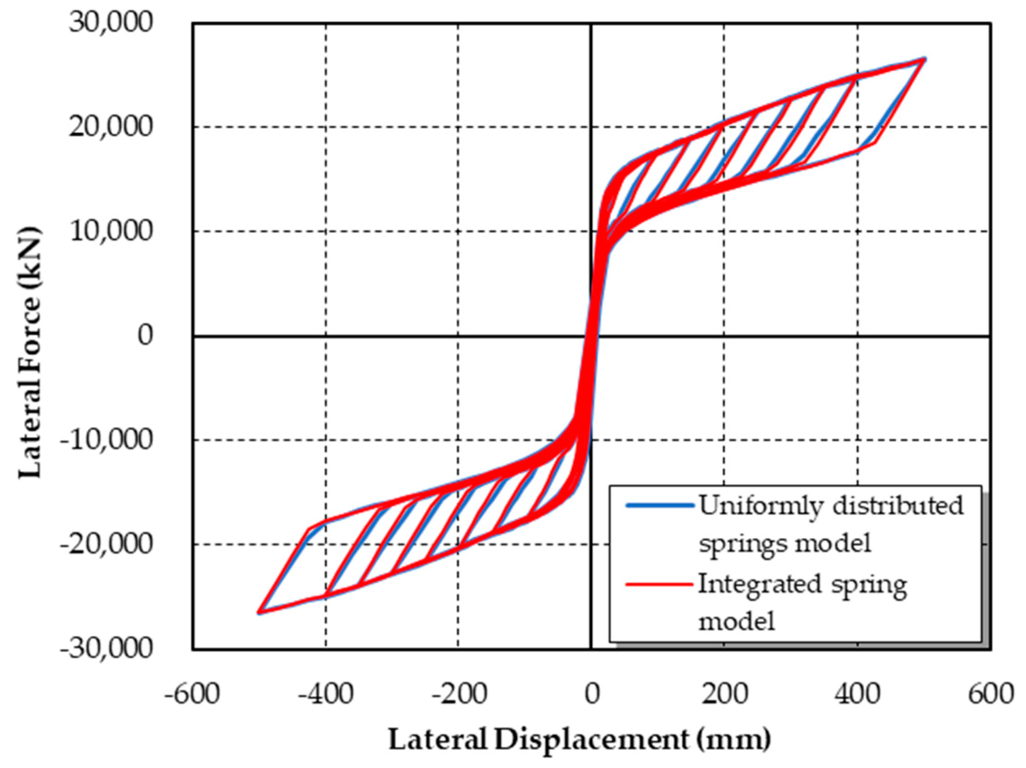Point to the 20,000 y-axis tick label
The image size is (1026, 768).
point(111,126)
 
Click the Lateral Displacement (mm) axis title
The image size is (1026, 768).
point(579,739)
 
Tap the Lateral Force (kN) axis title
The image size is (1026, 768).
point(30,353)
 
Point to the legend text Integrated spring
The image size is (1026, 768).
point(802,585)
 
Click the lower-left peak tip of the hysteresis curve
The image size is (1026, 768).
point(258,613)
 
